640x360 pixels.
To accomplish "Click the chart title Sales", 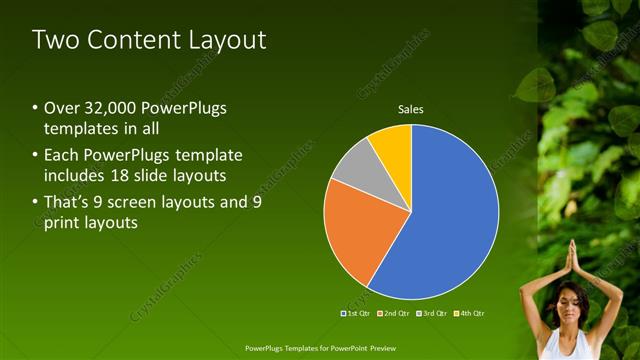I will click(x=411, y=108).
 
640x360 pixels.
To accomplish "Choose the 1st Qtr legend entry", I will click(x=355, y=314).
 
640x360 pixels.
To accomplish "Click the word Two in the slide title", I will click(x=54, y=40).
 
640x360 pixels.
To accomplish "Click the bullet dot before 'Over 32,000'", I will click(x=36, y=108).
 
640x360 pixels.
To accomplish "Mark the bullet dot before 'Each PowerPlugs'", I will click(x=36, y=155).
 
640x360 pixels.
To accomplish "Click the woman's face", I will click(x=571, y=301).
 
